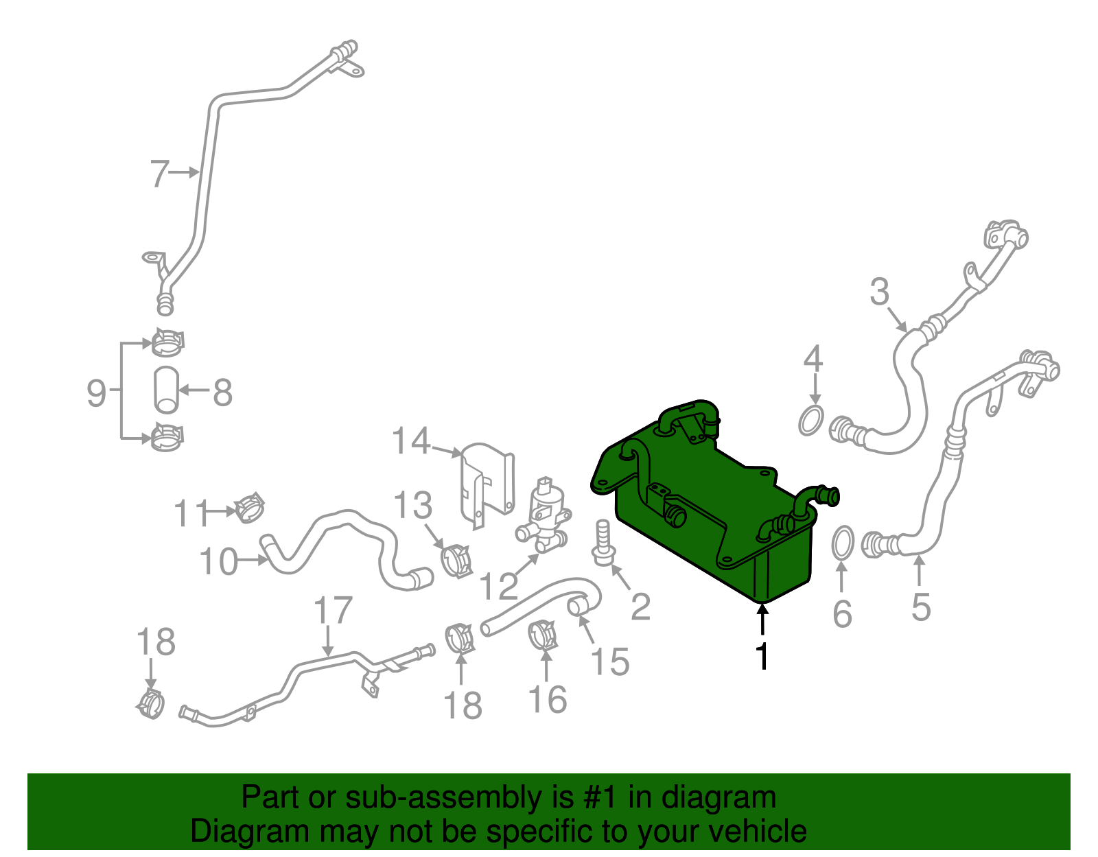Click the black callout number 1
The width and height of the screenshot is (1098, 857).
[762, 656]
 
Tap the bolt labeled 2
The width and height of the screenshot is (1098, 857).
[602, 545]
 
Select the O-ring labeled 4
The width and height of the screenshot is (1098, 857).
[811, 420]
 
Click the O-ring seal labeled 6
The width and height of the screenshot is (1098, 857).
[843, 542]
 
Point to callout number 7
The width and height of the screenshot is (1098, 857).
[159, 174]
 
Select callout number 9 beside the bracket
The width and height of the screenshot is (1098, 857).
[96, 393]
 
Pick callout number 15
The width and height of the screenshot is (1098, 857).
[610, 661]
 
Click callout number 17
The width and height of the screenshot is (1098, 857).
[333, 610]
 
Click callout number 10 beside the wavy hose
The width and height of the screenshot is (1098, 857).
[218, 562]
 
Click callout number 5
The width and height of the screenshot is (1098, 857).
[920, 607]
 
